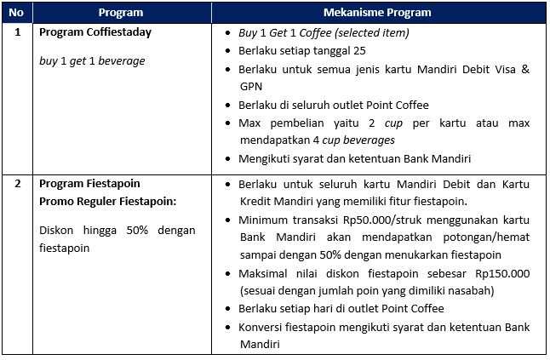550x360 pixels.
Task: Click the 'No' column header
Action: click(17, 13)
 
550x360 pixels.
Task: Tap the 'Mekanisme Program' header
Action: click(378, 13)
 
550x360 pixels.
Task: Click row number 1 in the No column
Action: click(17, 32)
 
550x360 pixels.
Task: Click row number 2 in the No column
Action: click(17, 183)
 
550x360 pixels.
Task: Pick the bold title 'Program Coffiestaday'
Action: click(95, 32)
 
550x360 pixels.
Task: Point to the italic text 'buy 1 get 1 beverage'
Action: click(93, 61)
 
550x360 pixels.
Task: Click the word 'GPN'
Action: click(251, 87)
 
